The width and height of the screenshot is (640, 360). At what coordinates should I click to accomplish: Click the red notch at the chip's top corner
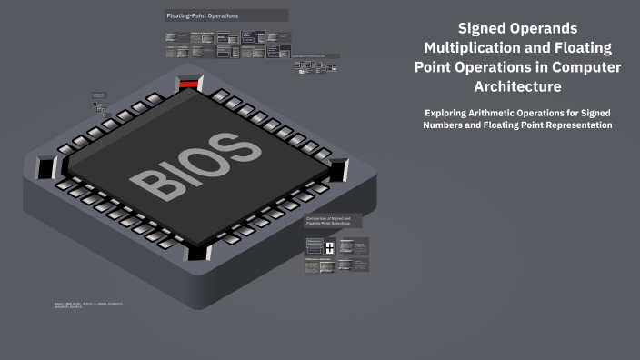click(188, 84)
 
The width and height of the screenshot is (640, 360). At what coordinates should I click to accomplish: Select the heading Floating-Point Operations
click(203, 16)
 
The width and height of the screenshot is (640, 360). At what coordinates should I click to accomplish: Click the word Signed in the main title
click(485, 29)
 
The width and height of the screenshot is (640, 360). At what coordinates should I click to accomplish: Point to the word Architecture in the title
click(517, 86)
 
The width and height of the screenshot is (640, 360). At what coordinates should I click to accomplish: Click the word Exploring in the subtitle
click(449, 112)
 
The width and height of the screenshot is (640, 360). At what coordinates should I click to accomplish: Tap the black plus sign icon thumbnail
click(331, 246)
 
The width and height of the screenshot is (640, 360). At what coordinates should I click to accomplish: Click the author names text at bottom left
click(88, 305)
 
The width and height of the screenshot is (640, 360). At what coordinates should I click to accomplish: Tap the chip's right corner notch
click(338, 170)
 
